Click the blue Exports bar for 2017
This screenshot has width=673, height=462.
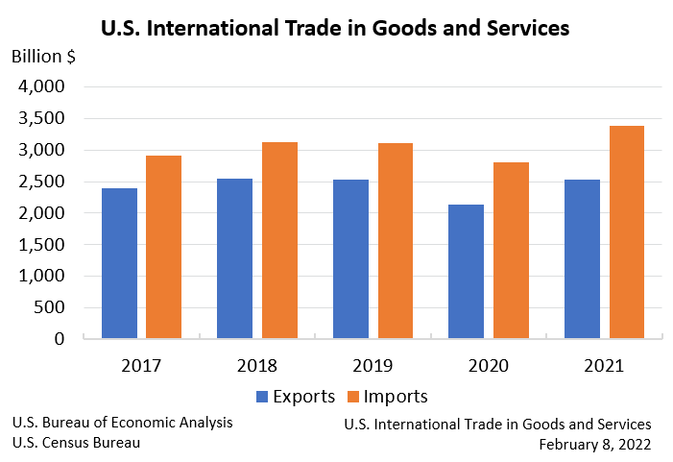coord(119,263)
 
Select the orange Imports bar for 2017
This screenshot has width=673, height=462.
coord(163,247)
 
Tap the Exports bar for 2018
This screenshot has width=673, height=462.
coord(235,258)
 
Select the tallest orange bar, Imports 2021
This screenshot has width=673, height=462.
coord(627,231)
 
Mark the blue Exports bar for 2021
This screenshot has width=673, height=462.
coord(583,258)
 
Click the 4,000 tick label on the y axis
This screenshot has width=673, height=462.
coord(41,86)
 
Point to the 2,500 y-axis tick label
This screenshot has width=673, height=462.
coord(41,182)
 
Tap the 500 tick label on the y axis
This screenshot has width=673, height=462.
coord(49,307)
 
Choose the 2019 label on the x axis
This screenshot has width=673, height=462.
coord(373,366)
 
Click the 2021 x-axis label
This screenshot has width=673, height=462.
coord(605,366)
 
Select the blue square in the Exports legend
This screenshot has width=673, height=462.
coord(262,397)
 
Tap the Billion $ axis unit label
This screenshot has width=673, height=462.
coord(44,55)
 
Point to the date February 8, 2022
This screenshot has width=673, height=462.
coord(595,444)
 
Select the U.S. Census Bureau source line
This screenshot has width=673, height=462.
coord(76,443)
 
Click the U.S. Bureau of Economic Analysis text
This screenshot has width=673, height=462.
coord(122,423)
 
